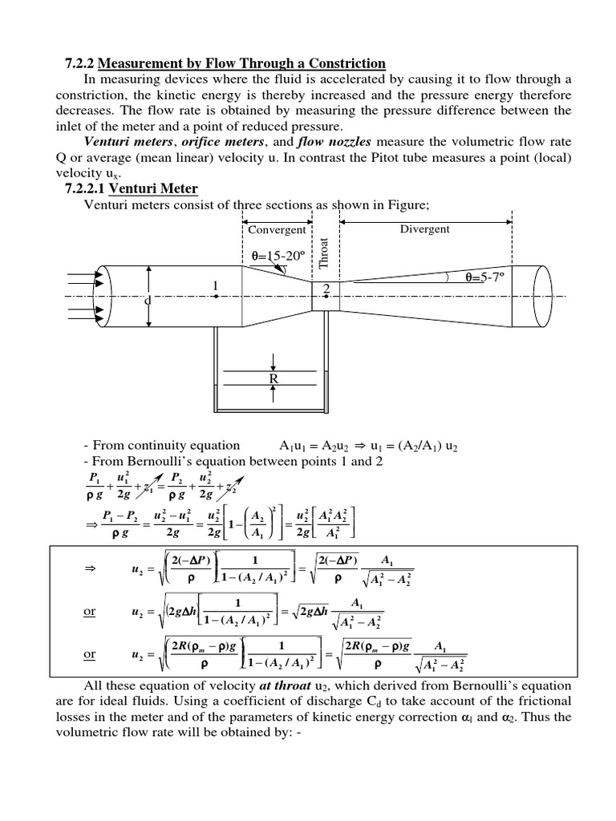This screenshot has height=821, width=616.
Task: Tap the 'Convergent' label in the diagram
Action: [277, 229]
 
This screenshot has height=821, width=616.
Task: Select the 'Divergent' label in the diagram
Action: [424, 229]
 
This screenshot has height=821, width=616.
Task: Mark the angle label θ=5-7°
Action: [490, 277]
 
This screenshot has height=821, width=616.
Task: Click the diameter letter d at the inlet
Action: [147, 301]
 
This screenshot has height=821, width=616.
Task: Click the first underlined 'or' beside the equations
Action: [90, 611]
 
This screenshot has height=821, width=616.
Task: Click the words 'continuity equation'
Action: [192, 445]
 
